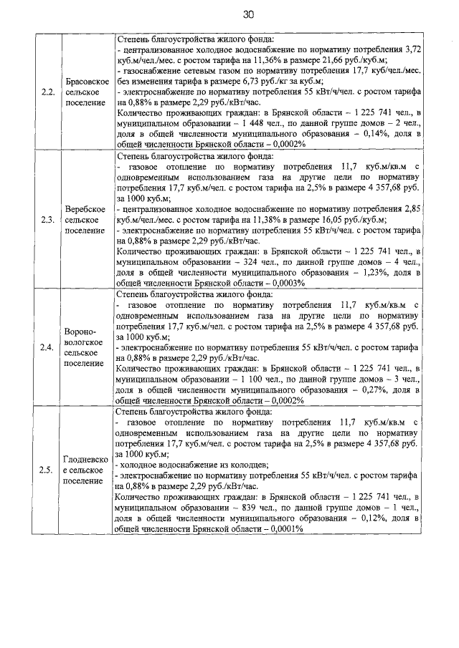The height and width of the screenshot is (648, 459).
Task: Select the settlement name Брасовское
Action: tap(87, 81)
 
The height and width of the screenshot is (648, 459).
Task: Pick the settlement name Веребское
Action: tap(87, 208)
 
